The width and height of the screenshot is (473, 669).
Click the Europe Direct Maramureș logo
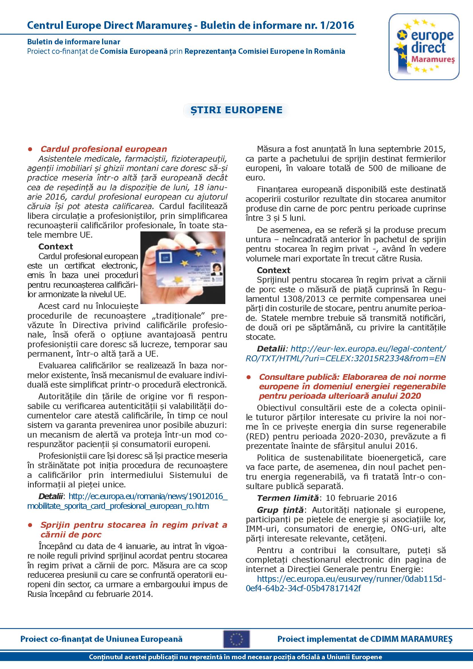pyautogui.click(x=424, y=47)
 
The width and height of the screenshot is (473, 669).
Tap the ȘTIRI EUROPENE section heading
pyautogui.click(x=236, y=110)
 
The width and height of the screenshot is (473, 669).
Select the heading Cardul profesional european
pyautogui.click(x=104, y=149)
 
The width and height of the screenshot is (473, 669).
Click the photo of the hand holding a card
pyautogui.click(x=183, y=267)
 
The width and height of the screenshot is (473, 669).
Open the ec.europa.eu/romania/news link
pyautogui.click(x=127, y=501)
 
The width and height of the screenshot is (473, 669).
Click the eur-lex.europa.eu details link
pyautogui.click(x=346, y=354)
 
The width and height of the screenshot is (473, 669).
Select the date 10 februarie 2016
pyautogui.click(x=361, y=498)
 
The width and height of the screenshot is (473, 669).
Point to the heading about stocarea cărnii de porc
pyautogui.click(x=133, y=530)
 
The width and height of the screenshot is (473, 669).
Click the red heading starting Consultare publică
pyautogui.click(x=352, y=386)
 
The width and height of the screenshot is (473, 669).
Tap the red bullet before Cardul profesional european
pyautogui.click(x=30, y=149)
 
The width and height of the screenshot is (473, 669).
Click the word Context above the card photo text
pyautogui.click(x=55, y=247)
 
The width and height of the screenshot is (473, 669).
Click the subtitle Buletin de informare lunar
pyautogui.click(x=74, y=42)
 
